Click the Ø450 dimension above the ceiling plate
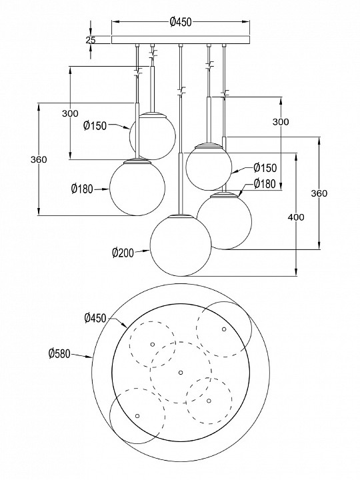tap(180, 22)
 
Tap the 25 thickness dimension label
tap(90, 40)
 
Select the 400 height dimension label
tap(296, 217)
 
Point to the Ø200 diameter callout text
tap(123, 253)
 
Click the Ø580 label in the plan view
tap(59, 354)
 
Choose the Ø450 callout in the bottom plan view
tap(95, 319)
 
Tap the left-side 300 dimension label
tap(70, 113)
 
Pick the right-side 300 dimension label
tap(281, 122)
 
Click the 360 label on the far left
tap(39, 159)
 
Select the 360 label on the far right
tap(319, 193)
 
